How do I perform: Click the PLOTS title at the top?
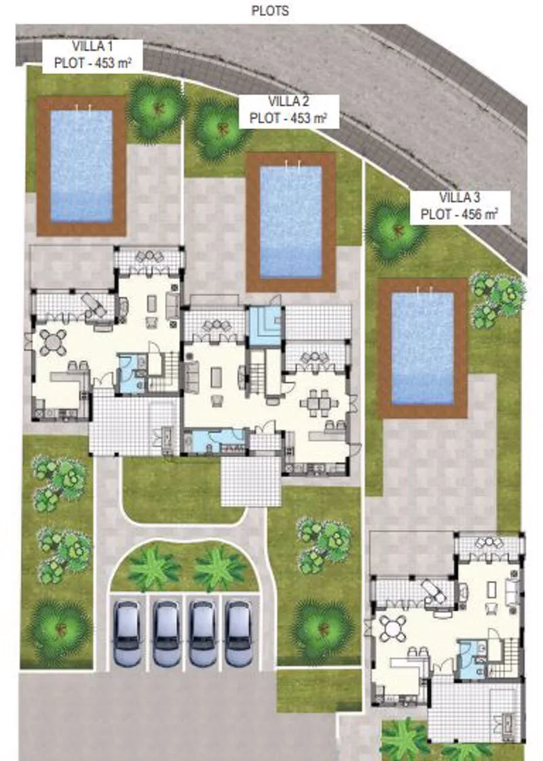269,10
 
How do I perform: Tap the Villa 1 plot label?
92,56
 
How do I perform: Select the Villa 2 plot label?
288,111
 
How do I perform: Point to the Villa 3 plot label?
460,207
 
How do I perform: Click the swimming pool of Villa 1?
81,166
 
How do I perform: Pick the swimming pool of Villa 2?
291,222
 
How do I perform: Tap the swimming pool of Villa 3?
422,348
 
